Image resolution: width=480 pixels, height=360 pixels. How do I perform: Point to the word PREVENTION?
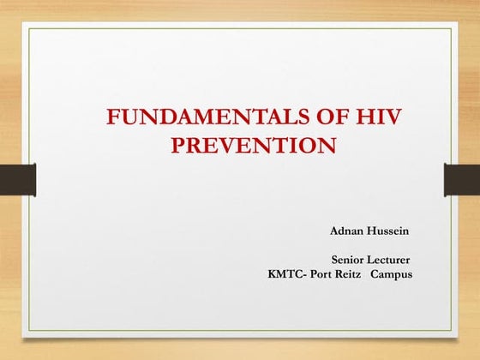[x=253, y=145]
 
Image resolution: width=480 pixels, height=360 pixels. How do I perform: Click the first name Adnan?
[x=348, y=231]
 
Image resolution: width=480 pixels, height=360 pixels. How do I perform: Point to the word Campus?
[x=393, y=274]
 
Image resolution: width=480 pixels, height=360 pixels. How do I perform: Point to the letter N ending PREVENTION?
[x=326, y=145]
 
